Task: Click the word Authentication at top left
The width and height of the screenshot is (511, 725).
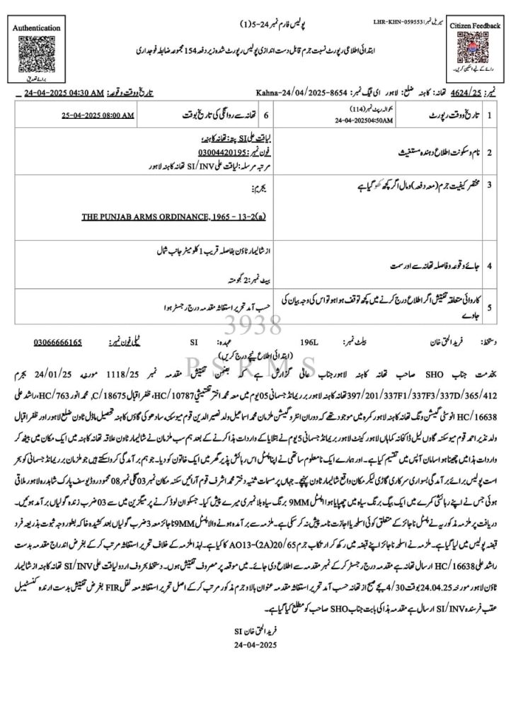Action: coord(36,28)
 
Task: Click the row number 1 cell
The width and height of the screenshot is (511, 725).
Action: coord(489,113)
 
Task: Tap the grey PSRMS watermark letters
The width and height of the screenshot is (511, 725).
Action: coord(256,366)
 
